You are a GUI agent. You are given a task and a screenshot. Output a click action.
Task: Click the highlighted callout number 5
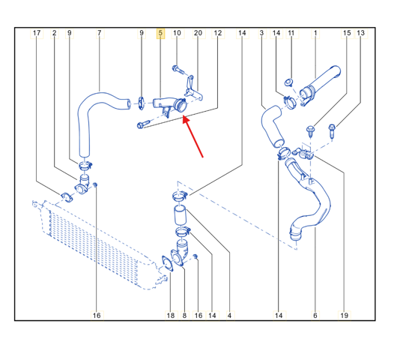(160, 33)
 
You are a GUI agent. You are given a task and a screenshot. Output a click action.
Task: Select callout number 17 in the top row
(37, 33)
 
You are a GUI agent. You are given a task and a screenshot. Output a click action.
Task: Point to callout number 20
(198, 33)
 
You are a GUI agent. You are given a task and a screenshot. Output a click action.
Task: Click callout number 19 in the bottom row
(345, 315)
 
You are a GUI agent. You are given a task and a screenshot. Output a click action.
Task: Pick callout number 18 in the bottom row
(171, 315)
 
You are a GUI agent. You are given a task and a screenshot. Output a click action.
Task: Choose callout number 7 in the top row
(100, 33)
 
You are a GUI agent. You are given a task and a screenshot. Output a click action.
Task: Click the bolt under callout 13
(332, 130)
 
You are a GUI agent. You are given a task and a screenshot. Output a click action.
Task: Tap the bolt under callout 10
(178, 70)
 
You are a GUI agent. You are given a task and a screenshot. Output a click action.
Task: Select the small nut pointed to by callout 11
(288, 82)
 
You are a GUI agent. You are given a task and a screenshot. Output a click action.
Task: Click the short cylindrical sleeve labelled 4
(180, 215)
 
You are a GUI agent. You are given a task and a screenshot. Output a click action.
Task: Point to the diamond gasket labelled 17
(67, 197)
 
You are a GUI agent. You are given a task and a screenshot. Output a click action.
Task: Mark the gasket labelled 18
(167, 264)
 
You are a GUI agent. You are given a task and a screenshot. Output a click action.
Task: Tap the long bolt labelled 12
(143, 124)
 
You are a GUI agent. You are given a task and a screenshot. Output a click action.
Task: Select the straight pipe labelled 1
(320, 85)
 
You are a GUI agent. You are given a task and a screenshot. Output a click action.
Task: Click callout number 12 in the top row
(218, 33)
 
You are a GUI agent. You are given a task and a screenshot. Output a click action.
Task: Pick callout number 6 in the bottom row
(315, 315)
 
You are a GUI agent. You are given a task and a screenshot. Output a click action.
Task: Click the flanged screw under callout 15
(311, 131)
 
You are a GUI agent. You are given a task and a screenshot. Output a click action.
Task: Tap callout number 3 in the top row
(261, 33)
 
